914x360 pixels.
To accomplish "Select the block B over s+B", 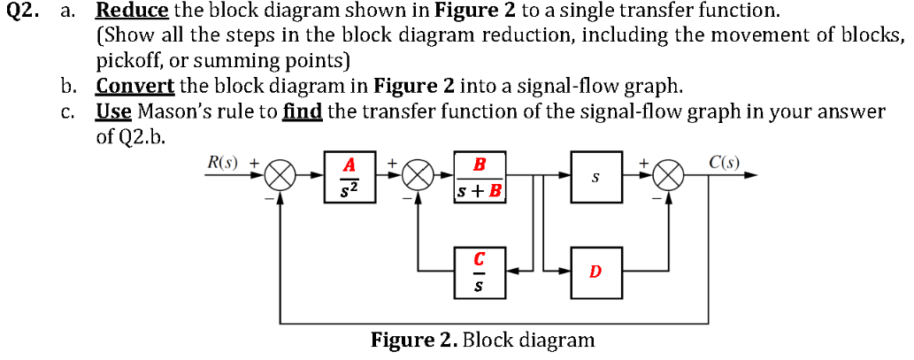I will (479, 178).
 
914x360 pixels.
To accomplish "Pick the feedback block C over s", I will (479, 272).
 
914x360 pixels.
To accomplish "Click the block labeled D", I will (595, 272).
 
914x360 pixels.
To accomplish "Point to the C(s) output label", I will (725, 163).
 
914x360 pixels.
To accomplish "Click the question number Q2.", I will (20, 11).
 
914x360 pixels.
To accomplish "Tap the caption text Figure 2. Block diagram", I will (482, 340).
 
